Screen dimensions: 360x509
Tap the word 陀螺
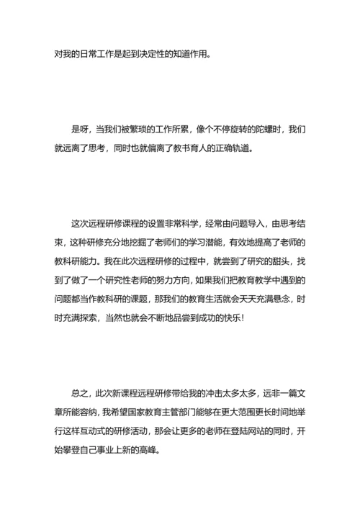coord(261,130)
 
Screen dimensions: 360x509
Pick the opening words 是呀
coord(80,130)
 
